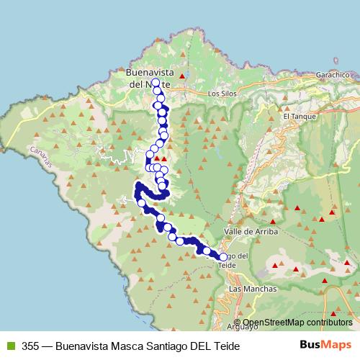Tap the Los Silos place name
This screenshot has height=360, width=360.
[221, 94]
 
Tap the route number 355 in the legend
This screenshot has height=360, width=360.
[30, 346]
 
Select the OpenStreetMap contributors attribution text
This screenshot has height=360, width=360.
[297, 322]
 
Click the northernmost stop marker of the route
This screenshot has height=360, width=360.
[156, 83]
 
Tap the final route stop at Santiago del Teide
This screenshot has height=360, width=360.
[222, 257]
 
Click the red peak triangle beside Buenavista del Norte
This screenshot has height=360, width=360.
[183, 76]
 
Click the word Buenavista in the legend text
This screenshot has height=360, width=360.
[79, 346]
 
